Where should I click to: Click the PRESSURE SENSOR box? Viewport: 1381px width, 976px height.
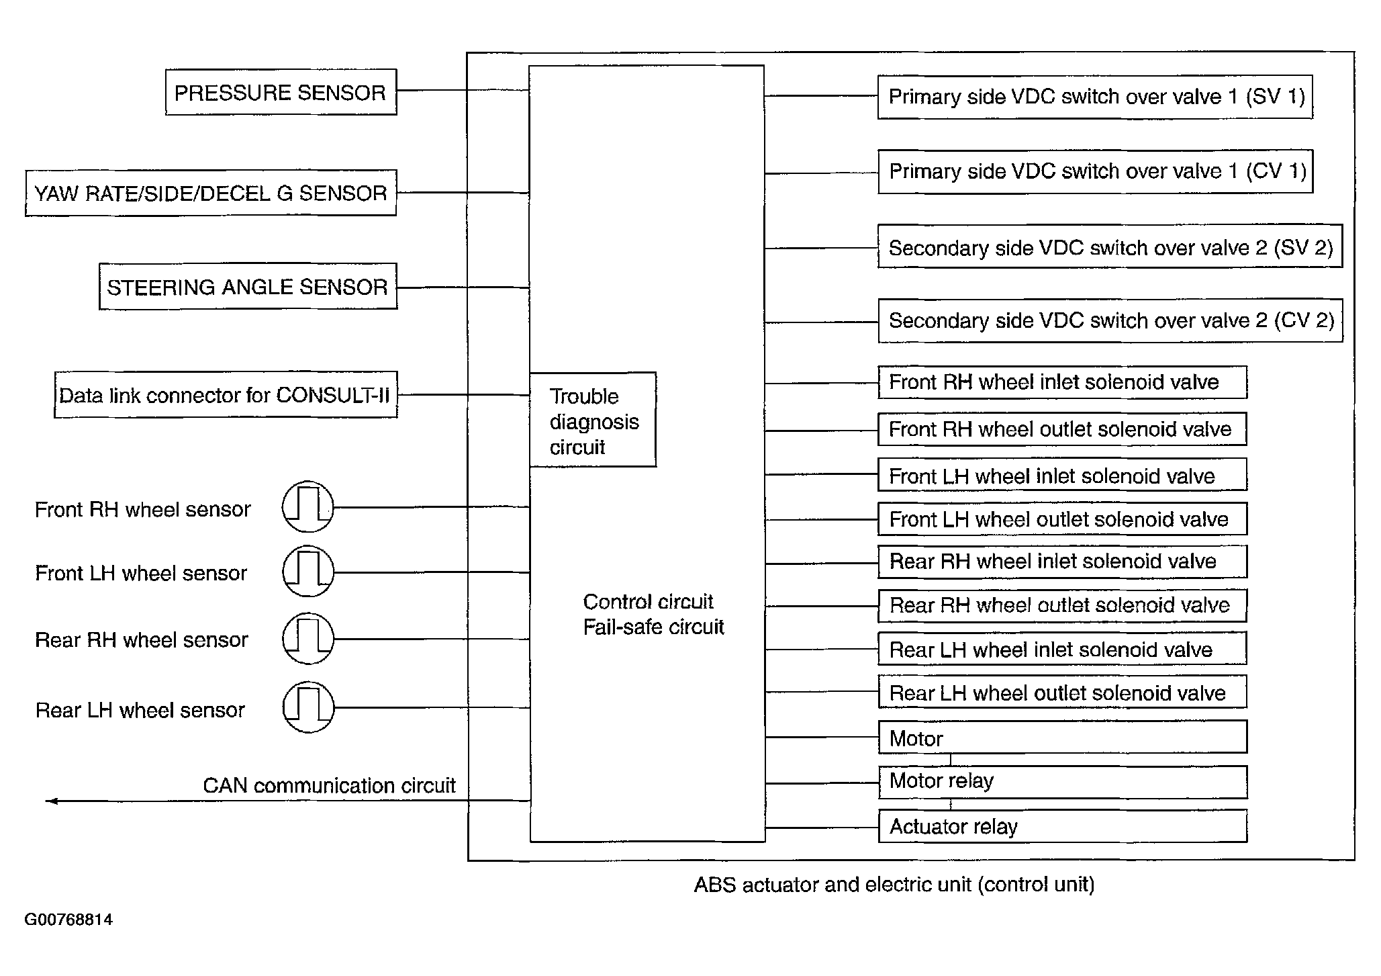(281, 92)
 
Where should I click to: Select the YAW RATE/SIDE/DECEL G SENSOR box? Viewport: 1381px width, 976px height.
(211, 193)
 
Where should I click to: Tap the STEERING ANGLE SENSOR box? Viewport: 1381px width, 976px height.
(248, 287)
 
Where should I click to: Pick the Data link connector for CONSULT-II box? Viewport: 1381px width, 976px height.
(226, 395)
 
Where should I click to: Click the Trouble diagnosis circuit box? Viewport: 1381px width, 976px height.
(593, 420)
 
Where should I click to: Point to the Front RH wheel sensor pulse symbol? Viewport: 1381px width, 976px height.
(307, 507)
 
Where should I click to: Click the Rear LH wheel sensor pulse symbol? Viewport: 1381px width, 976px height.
(307, 707)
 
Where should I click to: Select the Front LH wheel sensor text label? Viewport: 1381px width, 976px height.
(141, 573)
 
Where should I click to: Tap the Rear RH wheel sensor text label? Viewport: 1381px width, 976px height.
(142, 639)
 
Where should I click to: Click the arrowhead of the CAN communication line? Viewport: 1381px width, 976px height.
(50, 801)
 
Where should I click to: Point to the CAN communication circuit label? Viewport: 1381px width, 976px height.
(329, 785)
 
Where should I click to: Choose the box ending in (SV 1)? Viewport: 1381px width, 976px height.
(1095, 97)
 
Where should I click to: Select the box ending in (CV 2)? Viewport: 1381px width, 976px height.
(1110, 320)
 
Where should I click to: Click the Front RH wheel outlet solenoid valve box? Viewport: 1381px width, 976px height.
(1062, 429)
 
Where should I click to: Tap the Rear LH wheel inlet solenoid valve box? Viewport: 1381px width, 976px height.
(1062, 650)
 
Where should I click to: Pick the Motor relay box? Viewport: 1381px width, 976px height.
(1062, 782)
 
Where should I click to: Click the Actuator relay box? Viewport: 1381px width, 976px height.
(1062, 826)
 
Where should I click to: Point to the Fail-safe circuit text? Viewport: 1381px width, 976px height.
(653, 627)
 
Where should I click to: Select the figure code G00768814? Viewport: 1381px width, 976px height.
(68, 920)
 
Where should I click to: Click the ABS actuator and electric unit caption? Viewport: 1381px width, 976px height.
(894, 885)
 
